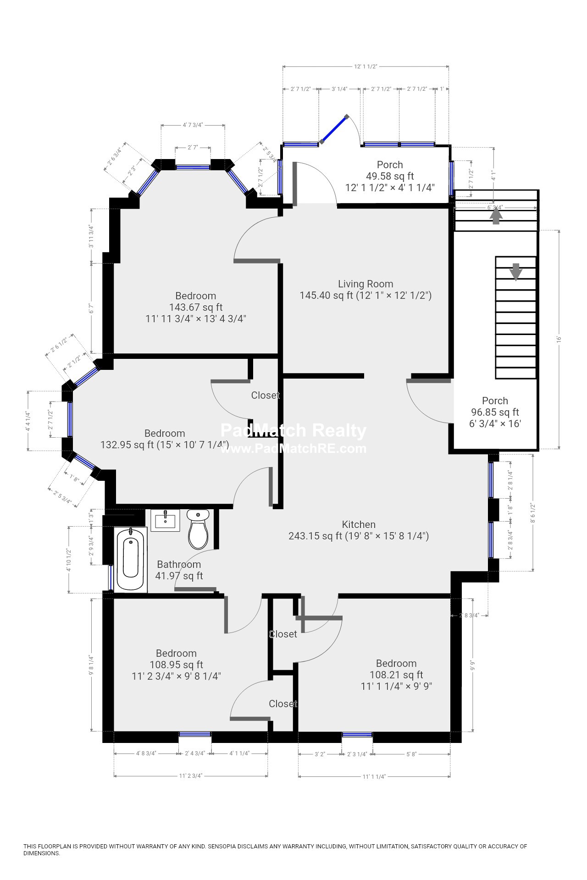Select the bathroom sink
coord(165,520)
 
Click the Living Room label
coord(365,284)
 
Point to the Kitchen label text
coord(359,524)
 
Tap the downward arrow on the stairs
coord(516,271)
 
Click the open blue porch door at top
coord(334,129)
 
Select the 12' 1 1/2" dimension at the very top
coord(365,66)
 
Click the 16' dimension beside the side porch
coord(559,339)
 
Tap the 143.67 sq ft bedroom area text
coord(196,307)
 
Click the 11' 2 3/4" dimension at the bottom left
coord(190,776)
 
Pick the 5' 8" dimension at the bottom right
coord(411,754)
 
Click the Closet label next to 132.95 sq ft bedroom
coord(265,395)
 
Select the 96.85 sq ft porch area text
coord(495,412)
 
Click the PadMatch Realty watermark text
coord(293,430)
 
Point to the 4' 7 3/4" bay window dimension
coord(193,125)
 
